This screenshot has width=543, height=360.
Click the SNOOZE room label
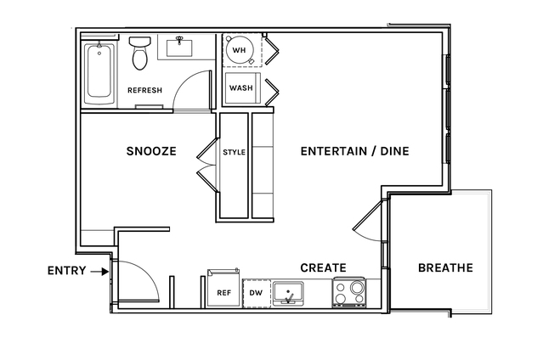pyautogui.click(x=151, y=151)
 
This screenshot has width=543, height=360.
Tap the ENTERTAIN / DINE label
pyautogui.click(x=354, y=151)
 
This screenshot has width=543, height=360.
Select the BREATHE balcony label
pyautogui.click(x=445, y=267)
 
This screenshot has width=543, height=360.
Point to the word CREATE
pyautogui.click(x=323, y=267)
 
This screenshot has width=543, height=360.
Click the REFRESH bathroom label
pyautogui.click(x=144, y=90)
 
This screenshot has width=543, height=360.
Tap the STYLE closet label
pyautogui.click(x=234, y=152)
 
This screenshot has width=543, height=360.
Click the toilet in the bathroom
pyautogui.click(x=140, y=53)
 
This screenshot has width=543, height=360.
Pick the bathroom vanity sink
pyautogui.click(x=179, y=48)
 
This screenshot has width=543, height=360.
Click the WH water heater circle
pyautogui.click(x=239, y=50)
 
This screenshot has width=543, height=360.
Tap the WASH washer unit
pyautogui.click(x=242, y=88)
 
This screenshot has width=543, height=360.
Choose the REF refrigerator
pyautogui.click(x=223, y=288)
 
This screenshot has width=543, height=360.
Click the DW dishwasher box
pyautogui.click(x=257, y=293)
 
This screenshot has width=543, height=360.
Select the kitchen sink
pyautogui.click(x=288, y=294)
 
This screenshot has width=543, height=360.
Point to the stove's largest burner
pyautogui.click(x=357, y=287)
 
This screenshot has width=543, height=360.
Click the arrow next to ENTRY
pyautogui.click(x=99, y=272)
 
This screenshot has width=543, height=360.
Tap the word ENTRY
pyautogui.click(x=66, y=270)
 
